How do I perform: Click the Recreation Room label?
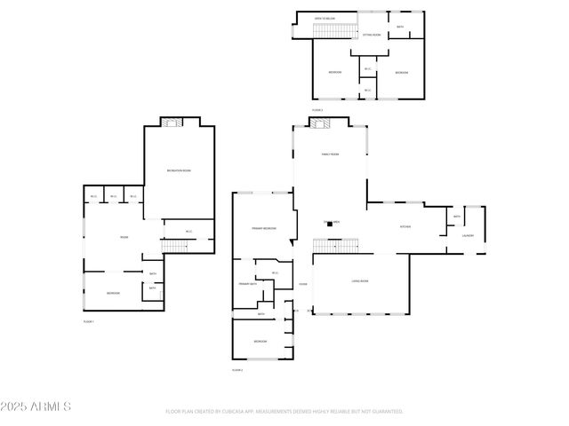pyautogui.click(x=180, y=170)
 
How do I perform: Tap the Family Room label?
pyautogui.click(x=330, y=154)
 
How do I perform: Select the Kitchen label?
pyautogui.click(x=405, y=227)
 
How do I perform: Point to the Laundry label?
pyautogui.click(x=468, y=236)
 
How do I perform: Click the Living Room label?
pyautogui.click(x=360, y=281)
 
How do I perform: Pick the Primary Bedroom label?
pyautogui.click(x=263, y=228)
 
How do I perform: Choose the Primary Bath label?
pyautogui.click(x=247, y=284)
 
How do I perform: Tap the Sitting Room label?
pyautogui.click(x=372, y=35)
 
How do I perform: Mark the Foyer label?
pyautogui.click(x=303, y=284)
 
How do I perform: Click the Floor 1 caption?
pyautogui.click(x=88, y=321)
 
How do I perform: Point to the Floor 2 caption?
pyautogui.click(x=237, y=369)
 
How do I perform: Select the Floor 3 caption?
pyautogui.click(x=317, y=110)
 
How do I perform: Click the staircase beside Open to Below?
pyautogui.click(x=334, y=32)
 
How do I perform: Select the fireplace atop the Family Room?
pyautogui.click(x=330, y=122)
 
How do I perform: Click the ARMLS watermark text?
pyautogui.click(x=36, y=406)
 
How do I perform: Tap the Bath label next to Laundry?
pyautogui.click(x=457, y=217)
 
